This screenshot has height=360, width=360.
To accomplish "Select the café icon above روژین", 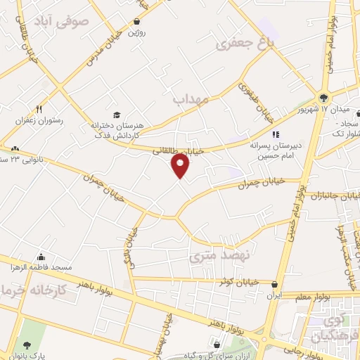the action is pyautogui.click(x=136, y=22).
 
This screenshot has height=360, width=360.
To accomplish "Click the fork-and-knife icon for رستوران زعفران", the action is pyautogui.click(x=39, y=109).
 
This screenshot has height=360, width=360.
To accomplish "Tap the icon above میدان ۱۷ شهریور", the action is pyautogui.click(x=323, y=98).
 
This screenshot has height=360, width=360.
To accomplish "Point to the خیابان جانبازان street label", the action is pyautogui.click(x=330, y=195).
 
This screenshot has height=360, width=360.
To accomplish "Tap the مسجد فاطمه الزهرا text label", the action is pyautogui.click(x=43, y=269).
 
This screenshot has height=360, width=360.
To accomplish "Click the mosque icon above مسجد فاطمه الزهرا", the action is pyautogui.click(x=42, y=257).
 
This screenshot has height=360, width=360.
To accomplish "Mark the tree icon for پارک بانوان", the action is pyautogui.click(x=27, y=345).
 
